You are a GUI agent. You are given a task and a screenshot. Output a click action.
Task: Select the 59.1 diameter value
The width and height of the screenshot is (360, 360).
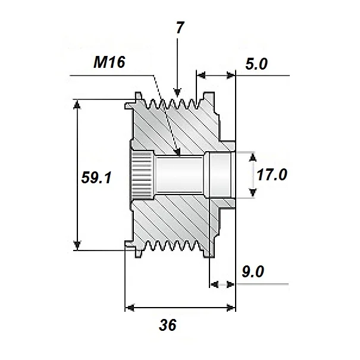(x=97, y=177)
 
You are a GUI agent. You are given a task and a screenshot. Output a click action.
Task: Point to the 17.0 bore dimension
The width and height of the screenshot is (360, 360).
(x=272, y=175)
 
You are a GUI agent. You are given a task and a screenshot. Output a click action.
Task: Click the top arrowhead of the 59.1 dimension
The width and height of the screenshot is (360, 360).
(x=77, y=104)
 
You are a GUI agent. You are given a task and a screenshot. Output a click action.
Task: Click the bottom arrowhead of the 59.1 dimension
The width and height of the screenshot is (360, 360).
(x=77, y=245)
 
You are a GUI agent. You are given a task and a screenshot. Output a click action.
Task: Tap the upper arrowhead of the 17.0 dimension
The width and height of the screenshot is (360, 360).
(x=253, y=156)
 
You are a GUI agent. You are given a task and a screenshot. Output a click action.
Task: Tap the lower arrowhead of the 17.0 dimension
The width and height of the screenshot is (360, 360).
(x=253, y=192)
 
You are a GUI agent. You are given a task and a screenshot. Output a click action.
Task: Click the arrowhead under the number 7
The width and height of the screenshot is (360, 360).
(x=177, y=92)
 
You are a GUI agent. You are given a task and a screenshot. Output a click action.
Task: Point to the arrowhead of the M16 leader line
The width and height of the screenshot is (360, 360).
(x=178, y=153)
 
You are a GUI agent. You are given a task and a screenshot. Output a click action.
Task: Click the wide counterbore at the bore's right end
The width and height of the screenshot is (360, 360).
(x=219, y=174)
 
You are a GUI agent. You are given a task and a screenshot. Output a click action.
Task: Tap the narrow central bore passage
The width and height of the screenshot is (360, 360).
(x=179, y=174)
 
